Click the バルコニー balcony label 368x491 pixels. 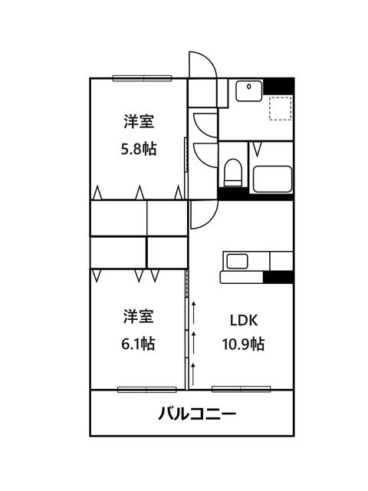pos(197,414)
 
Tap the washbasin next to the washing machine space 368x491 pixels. pos(248,91)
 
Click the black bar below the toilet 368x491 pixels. pos(233,193)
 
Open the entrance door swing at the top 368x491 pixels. pos(198,64)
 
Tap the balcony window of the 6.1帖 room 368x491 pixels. pos(146,389)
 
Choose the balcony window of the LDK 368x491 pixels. pos(242,389)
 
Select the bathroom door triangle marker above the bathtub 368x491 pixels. pos(259,147)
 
